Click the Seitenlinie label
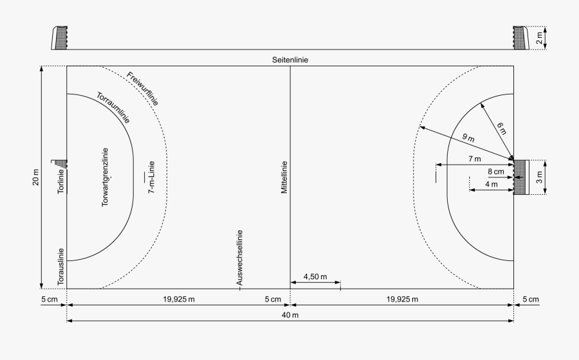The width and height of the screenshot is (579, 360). pos(289,60)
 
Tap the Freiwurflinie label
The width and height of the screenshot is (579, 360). pos(143,88)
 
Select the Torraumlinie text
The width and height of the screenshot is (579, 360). pos(113,108)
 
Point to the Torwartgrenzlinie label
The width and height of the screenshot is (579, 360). pos(105,177)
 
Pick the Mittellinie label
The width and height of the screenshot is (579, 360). pos(284,177)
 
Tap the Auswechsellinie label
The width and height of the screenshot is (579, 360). pos(239,257)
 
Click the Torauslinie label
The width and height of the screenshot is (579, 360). pos(61,267)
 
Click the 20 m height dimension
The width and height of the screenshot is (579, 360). pos(36,177)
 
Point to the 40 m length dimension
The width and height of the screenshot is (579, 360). pos(290,315)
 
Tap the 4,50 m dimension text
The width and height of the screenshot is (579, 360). pos(315,277)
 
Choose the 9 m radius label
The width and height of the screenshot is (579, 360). pos(468,138)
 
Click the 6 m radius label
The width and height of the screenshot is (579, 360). pos(502,128)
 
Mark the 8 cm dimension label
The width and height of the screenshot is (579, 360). pos(495,172)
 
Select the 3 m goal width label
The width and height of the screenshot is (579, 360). pos(539,177)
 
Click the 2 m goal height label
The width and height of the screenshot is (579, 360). pos(539,38)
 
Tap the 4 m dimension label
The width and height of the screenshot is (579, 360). pos(491,184)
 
